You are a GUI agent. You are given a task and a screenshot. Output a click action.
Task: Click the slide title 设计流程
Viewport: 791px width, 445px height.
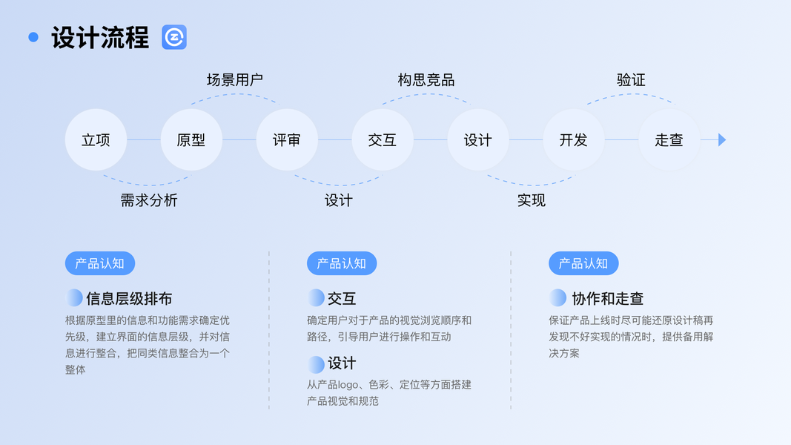pyautogui.click(x=100, y=37)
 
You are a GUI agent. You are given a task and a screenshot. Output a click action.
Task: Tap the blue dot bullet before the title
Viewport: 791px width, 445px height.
pyautogui.click(x=33, y=37)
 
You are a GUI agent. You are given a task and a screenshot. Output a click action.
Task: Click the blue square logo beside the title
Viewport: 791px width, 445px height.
pyautogui.click(x=174, y=37)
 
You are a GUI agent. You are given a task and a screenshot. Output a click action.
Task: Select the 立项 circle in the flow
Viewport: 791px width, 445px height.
pyautogui.click(x=96, y=139)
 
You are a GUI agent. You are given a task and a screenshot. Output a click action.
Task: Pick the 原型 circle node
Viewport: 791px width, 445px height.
pyautogui.click(x=191, y=139)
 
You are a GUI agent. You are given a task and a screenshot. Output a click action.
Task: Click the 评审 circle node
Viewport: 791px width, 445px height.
pyautogui.click(x=287, y=139)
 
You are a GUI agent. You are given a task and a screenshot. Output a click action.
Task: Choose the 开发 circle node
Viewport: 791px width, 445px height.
pyautogui.click(x=574, y=139)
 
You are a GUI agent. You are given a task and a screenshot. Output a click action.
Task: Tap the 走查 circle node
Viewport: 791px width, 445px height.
pyautogui.click(x=669, y=139)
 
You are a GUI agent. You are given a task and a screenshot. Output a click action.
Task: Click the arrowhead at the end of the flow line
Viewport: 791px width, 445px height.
pyautogui.click(x=721, y=139)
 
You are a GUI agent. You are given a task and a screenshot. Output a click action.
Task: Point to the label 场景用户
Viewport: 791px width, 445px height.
pyautogui.click(x=235, y=80)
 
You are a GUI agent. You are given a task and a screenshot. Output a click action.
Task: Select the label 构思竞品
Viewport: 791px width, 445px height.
pyautogui.click(x=426, y=80)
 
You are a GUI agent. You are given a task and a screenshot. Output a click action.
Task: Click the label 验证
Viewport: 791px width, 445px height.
pyautogui.click(x=631, y=80)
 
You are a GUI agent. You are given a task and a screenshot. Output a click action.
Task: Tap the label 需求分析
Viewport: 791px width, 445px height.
pyautogui.click(x=149, y=200)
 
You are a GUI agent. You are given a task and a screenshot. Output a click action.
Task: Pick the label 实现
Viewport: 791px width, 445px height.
pyautogui.click(x=532, y=200)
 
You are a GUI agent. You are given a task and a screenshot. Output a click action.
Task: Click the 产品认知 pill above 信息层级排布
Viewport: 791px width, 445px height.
pyautogui.click(x=100, y=263)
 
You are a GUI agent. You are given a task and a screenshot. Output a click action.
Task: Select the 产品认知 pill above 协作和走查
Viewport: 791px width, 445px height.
pyautogui.click(x=583, y=263)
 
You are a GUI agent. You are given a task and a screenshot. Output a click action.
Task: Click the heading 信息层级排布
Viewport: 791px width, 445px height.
pyautogui.click(x=129, y=299)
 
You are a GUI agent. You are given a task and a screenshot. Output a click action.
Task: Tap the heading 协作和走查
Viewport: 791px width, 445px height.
pyautogui.click(x=608, y=299)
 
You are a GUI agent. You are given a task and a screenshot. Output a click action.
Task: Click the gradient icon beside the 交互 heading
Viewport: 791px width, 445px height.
pyautogui.click(x=317, y=298)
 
